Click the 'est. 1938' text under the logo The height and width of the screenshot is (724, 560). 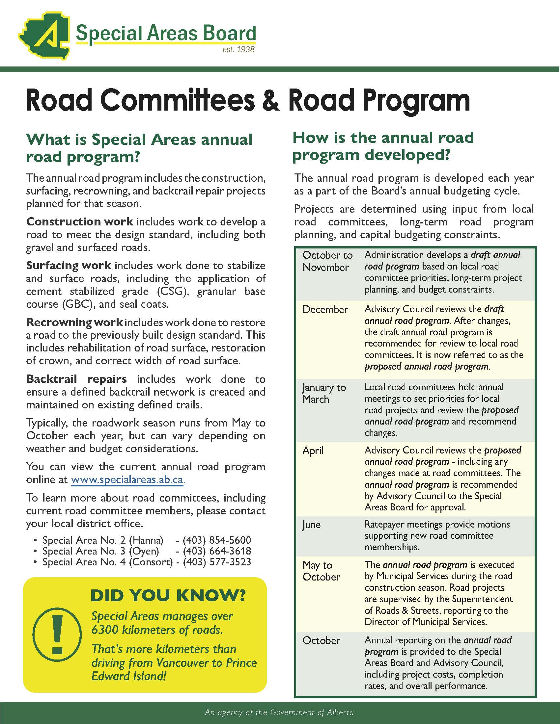[x=238, y=50]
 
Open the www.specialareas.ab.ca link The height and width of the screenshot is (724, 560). [x=127, y=480]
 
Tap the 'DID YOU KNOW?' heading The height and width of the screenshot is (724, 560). [x=168, y=595]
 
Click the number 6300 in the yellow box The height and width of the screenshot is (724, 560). [x=105, y=630]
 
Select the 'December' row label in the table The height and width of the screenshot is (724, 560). [x=325, y=309]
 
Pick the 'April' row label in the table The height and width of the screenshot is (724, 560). [x=313, y=451]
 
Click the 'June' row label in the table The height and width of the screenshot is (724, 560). [x=311, y=525]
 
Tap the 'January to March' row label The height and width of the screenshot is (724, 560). [x=324, y=393]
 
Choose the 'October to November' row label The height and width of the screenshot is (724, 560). [x=327, y=261]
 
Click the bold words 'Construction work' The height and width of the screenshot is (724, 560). [x=80, y=221]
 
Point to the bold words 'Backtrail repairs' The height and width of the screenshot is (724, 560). [x=76, y=379]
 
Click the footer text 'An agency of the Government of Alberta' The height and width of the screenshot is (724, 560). [x=280, y=712]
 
